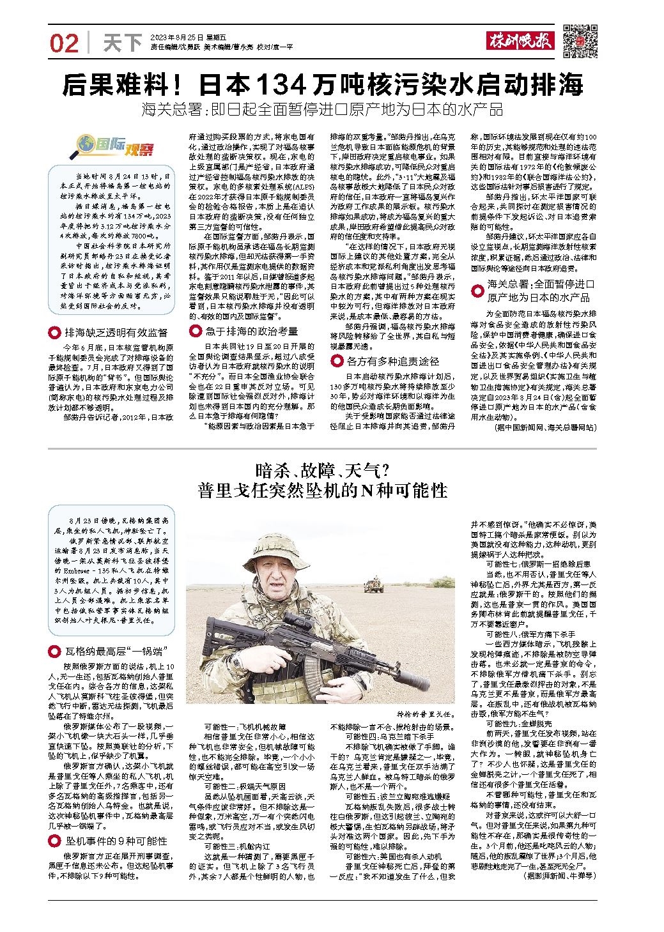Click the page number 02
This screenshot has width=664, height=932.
[x=64, y=43]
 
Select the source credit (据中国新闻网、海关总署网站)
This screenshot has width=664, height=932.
[x=544, y=427]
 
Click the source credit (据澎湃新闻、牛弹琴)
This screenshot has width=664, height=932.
[x=559, y=873]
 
